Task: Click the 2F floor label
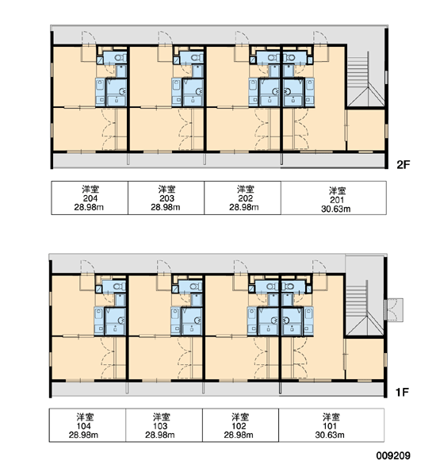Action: coord(403,164)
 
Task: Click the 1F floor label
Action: coord(402,392)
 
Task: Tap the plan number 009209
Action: coord(393,455)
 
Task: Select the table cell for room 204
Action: coord(90,198)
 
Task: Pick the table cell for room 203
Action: coord(166,198)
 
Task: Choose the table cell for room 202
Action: coord(243,198)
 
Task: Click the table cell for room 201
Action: coord(334,198)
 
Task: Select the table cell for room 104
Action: coord(87,425)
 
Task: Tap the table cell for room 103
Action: coord(164,425)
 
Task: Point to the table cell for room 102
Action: coord(241,425)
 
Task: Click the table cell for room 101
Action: coord(331,425)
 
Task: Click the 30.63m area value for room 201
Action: coord(336,209)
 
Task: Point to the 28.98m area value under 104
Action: coord(83,435)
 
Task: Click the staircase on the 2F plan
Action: coord(365,79)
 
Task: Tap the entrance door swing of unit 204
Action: coord(88,39)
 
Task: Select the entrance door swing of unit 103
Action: coord(164,268)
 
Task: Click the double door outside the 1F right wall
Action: coord(393,310)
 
